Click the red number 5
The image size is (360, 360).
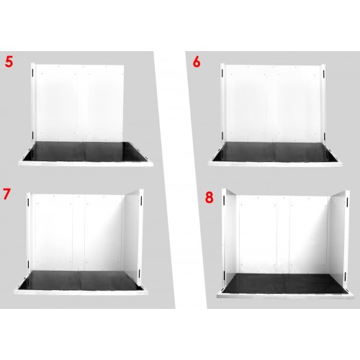coord(9,62)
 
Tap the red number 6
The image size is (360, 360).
coord(197,62)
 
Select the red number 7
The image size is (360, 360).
coord(7,194)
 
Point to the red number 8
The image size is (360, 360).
coord(210,197)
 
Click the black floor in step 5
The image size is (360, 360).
coord(85,151)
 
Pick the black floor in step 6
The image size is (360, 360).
coord(275,152)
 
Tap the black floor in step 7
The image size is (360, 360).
coord(79,280)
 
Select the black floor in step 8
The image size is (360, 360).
coord(284,284)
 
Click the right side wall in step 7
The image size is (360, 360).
coord(132,236)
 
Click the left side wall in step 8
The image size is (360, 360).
coord(230,239)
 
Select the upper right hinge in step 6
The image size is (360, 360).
coord(324,73)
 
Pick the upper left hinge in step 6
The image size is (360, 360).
coord(222,73)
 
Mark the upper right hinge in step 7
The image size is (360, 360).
coord(141,201)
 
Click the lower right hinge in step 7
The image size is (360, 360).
coord(140,273)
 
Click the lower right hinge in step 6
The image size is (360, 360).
coord(324,136)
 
